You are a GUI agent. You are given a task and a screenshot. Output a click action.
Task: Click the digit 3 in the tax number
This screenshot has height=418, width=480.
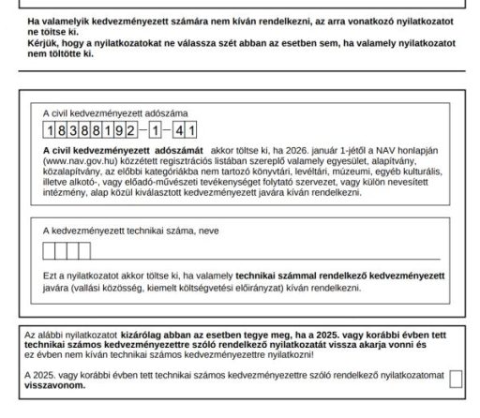tap(73, 132)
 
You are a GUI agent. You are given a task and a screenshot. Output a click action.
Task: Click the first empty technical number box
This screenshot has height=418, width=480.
tap(50, 251)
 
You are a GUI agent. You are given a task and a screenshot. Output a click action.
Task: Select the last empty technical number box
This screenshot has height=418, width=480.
tap(85, 251)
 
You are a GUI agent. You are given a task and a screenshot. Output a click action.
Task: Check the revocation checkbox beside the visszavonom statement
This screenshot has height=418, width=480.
tap(457, 379)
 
